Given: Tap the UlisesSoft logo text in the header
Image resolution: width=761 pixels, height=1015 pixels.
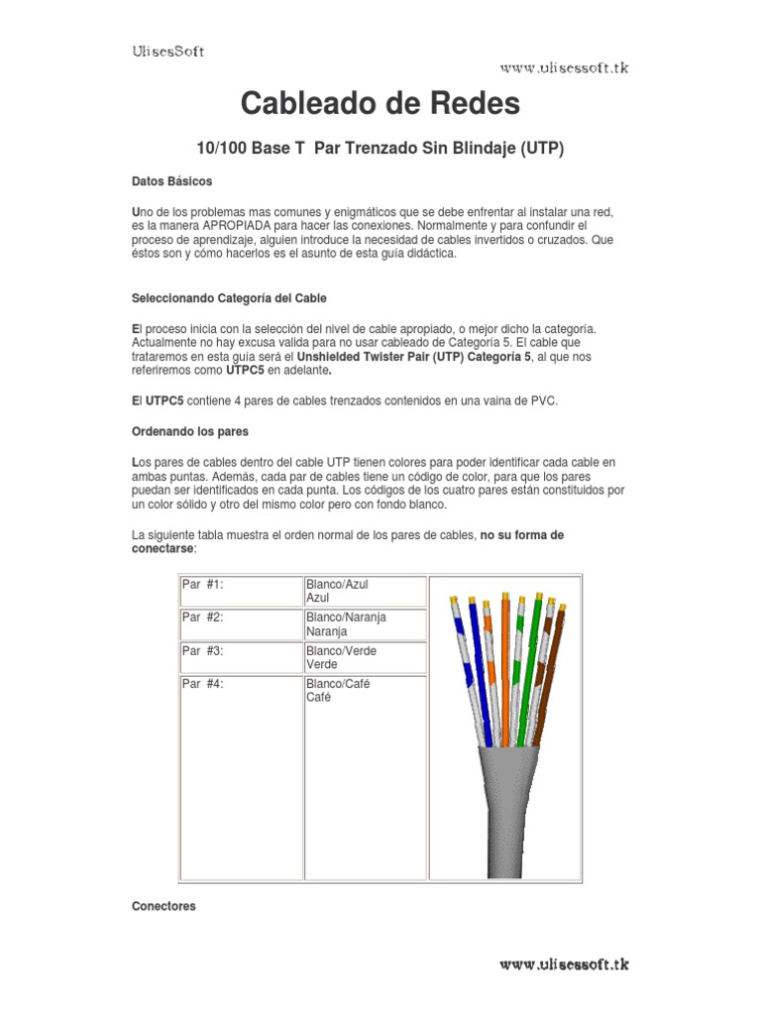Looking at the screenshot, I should (x=168, y=52).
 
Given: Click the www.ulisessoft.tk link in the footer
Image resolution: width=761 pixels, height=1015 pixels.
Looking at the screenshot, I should (x=564, y=963).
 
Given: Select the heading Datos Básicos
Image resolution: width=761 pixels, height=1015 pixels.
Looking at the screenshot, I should (x=171, y=182).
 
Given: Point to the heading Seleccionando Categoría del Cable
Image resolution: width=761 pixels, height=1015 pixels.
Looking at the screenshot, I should (x=229, y=297).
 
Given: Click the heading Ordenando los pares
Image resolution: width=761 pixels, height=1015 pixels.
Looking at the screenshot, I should (x=190, y=431).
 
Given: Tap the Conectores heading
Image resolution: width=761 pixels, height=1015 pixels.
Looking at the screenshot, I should (x=163, y=906).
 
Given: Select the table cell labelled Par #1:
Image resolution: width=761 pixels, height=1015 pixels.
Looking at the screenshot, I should (x=203, y=585).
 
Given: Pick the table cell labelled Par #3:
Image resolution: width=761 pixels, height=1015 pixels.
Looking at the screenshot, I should (x=203, y=651).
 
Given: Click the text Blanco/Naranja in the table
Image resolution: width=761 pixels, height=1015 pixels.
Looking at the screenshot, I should (x=346, y=618).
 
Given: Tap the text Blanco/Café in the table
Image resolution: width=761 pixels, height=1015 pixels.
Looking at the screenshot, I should (x=338, y=684).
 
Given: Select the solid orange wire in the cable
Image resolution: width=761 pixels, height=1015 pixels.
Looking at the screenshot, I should (x=505, y=664).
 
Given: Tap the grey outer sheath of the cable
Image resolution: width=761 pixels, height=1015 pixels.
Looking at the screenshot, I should (x=507, y=813).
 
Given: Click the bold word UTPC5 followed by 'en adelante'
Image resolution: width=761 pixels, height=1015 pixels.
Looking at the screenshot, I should (x=247, y=369).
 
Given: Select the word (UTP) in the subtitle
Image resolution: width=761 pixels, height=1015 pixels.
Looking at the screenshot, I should (x=542, y=150).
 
